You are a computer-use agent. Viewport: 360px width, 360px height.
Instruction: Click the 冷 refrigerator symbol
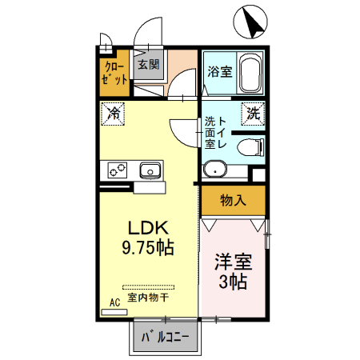tap(114, 114)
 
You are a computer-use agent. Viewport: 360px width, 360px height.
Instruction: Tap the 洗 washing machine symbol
tap(253, 114)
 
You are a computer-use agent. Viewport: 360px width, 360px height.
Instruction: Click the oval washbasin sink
tap(214, 169)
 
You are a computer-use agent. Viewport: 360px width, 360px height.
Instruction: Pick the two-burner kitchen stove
tap(118, 170)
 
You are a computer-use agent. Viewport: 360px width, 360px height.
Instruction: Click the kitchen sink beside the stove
tap(150, 170)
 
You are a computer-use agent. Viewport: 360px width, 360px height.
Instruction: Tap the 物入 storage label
tap(232, 200)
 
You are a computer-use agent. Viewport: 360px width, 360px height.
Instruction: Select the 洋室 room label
tap(233, 262)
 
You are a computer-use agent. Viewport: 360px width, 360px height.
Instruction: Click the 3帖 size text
tap(233, 282)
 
